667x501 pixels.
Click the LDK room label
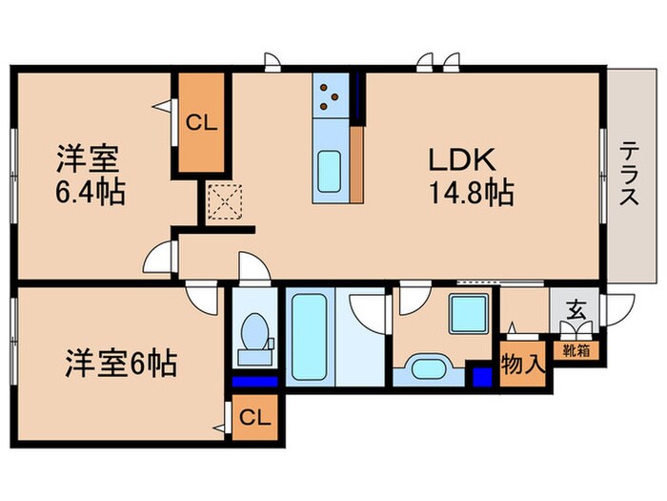pyautogui.click(x=461, y=159)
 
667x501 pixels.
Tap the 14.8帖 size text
pyautogui.click(x=472, y=193)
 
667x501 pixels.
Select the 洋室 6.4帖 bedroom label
pyautogui.click(x=90, y=176)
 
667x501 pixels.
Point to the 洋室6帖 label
pyautogui.click(x=121, y=363)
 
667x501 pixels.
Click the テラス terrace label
pyautogui.click(x=629, y=174)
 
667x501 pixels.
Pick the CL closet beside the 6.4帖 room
pyautogui.click(x=202, y=123)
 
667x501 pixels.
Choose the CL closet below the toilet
pyautogui.click(x=254, y=418)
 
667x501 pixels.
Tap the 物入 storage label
pyautogui.click(x=522, y=365)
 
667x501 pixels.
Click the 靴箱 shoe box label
pyautogui.click(x=576, y=350)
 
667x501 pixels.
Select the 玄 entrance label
pyautogui.click(x=576, y=310)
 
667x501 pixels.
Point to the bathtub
pyautogui.click(x=310, y=337)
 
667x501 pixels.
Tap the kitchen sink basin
pyautogui.click(x=330, y=171)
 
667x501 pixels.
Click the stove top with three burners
pyautogui.click(x=330, y=95)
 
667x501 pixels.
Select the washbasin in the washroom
pyautogui.click(x=429, y=366)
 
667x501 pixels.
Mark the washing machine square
pyautogui.click(x=469, y=314)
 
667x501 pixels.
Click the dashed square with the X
pyautogui.click(x=224, y=202)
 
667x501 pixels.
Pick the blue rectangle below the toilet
pyautogui.click(x=254, y=382)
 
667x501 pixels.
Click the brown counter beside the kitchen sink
pyautogui.click(x=356, y=164)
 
